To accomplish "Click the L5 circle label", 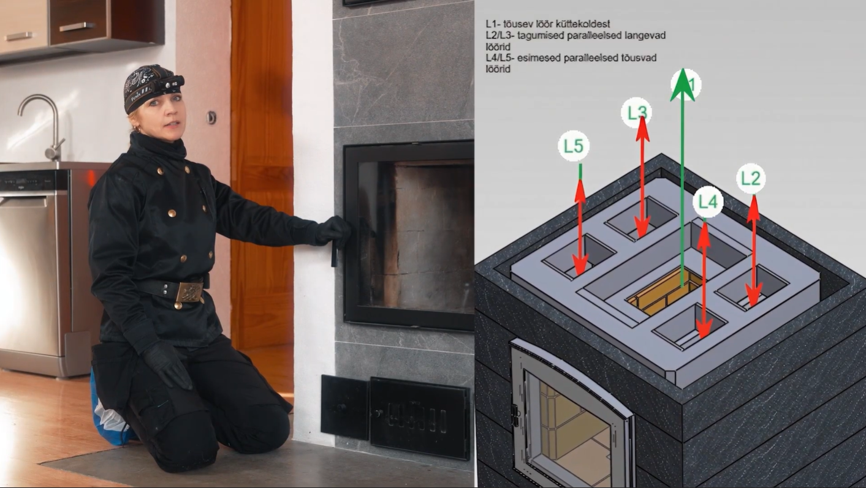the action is tap(573, 146).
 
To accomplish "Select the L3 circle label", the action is tap(636, 113).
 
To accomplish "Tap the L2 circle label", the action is tap(751, 179).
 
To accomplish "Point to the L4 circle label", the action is tap(707, 202).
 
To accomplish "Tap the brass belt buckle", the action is tap(189, 292).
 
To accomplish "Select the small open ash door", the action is tap(344, 407).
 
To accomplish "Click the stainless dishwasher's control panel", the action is tap(34, 180).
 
